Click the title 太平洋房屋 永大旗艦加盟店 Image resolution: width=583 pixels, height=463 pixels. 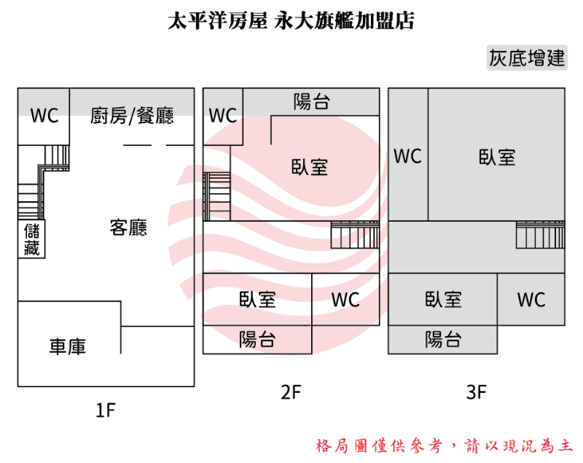coord(291,20)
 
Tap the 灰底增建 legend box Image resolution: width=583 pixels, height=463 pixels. coord(527,59)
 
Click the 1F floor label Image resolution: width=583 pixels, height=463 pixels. coord(106,411)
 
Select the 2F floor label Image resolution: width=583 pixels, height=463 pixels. coord(291,393)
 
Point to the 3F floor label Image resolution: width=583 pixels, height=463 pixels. coord(476,393)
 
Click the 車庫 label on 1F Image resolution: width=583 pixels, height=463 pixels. coord(68,346)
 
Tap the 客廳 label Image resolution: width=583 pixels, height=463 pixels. coord(128,227)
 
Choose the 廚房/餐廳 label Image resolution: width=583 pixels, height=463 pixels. coord(133,115)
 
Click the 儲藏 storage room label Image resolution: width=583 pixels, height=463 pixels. coord(31,240)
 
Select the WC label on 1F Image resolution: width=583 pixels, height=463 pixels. coord(44,115)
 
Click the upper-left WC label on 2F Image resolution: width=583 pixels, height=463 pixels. coord(222,116)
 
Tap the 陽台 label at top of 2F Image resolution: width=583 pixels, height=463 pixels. coord(311,102)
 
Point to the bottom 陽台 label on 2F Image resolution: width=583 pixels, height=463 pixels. coord(257,339)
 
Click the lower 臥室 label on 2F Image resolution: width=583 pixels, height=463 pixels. coord(257,299)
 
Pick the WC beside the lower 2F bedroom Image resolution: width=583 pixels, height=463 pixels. coord(345,300)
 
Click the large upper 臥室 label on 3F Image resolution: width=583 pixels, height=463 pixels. coord(497,157)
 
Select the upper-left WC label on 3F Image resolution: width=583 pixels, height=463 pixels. coord(407,156)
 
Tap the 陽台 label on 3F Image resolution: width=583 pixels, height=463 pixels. coord(443,339)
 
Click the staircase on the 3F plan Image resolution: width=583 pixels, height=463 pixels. coord(540,235)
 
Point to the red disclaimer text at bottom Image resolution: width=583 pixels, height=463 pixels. coord(445,445)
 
